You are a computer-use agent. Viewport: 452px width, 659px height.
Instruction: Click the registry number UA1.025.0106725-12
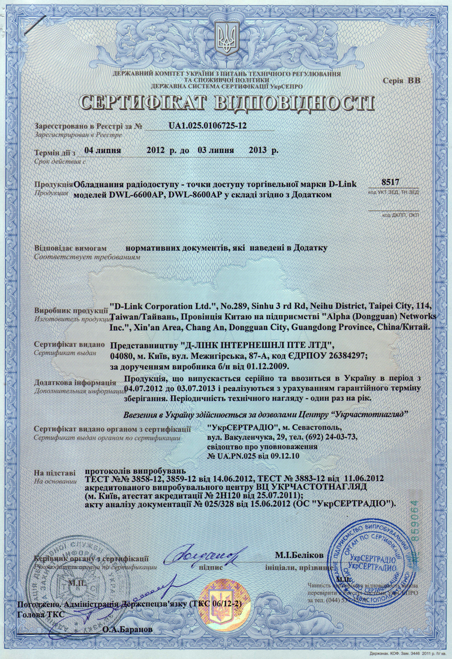(x=207, y=126)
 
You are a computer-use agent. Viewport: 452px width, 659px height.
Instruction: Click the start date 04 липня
(x=104, y=150)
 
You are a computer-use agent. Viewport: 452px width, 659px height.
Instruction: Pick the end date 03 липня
(x=216, y=150)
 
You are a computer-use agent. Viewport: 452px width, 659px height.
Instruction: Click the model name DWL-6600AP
(x=135, y=195)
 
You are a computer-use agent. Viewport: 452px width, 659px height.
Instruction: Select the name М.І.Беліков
(x=299, y=554)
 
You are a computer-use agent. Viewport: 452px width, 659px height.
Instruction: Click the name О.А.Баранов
(x=127, y=629)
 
